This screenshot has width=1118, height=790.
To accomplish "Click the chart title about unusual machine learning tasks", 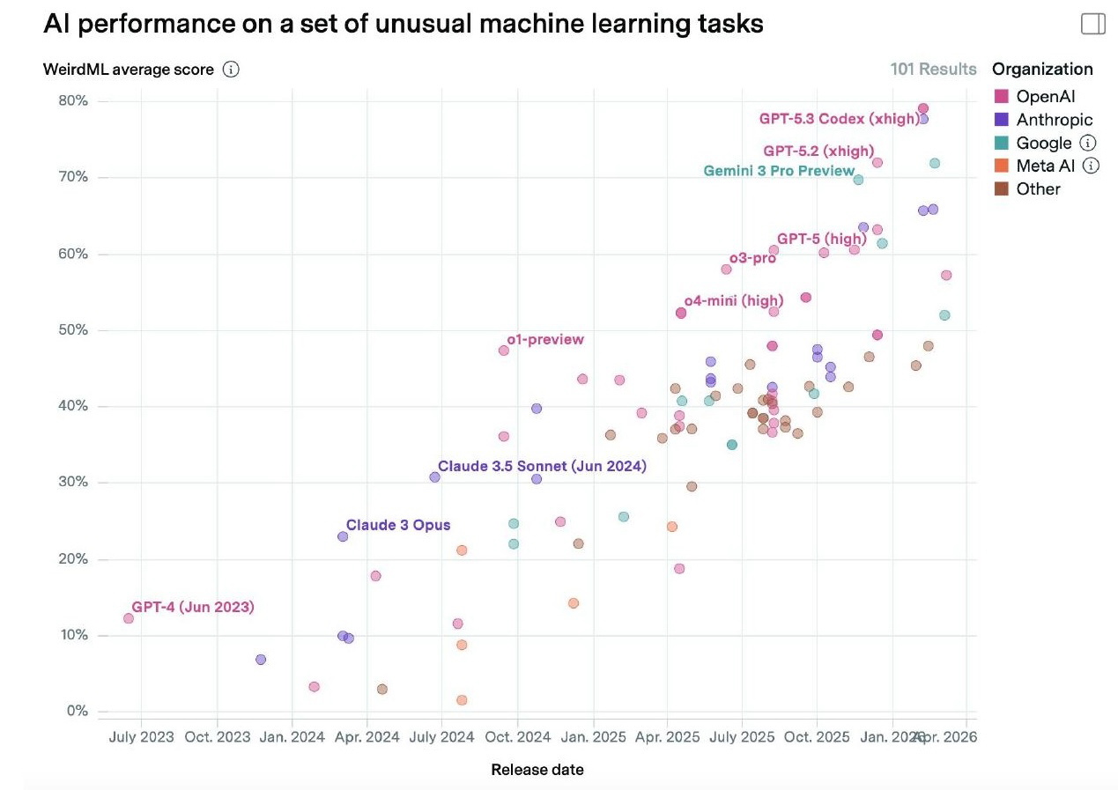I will pyautogui.click(x=403, y=24).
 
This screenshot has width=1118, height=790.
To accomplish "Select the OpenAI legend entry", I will pyautogui.click(x=1045, y=97).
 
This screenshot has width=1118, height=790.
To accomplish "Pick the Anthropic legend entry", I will pyautogui.click(x=1054, y=120).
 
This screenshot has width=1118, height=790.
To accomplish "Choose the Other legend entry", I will pyautogui.click(x=1038, y=188).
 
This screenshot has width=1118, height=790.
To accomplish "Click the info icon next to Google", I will pyautogui.click(x=1088, y=143).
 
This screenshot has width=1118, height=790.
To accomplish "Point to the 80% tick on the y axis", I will pyautogui.click(x=74, y=100).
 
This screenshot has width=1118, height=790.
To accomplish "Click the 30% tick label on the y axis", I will pyautogui.click(x=74, y=483).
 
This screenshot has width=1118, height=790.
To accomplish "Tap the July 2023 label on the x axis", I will pyautogui.click(x=141, y=737).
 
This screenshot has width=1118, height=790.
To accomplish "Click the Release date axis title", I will pyautogui.click(x=537, y=770).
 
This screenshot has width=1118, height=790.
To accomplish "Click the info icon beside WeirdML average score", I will pyautogui.click(x=231, y=70).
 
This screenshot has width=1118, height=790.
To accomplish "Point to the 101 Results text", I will pyautogui.click(x=933, y=70).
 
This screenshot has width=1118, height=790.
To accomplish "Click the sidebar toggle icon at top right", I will pyautogui.click(x=1092, y=24).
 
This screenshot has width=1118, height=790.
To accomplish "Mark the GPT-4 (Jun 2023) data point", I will pyautogui.click(x=129, y=618).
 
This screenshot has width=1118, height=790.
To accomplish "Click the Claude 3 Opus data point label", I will pyautogui.click(x=397, y=525).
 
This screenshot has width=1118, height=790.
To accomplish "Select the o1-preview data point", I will pyautogui.click(x=504, y=351).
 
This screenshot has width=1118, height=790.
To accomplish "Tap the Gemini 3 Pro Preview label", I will pyautogui.click(x=778, y=171).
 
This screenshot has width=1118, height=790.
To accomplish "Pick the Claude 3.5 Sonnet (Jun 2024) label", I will pyautogui.click(x=541, y=466).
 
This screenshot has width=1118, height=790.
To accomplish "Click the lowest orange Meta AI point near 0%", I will pyautogui.click(x=462, y=700).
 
